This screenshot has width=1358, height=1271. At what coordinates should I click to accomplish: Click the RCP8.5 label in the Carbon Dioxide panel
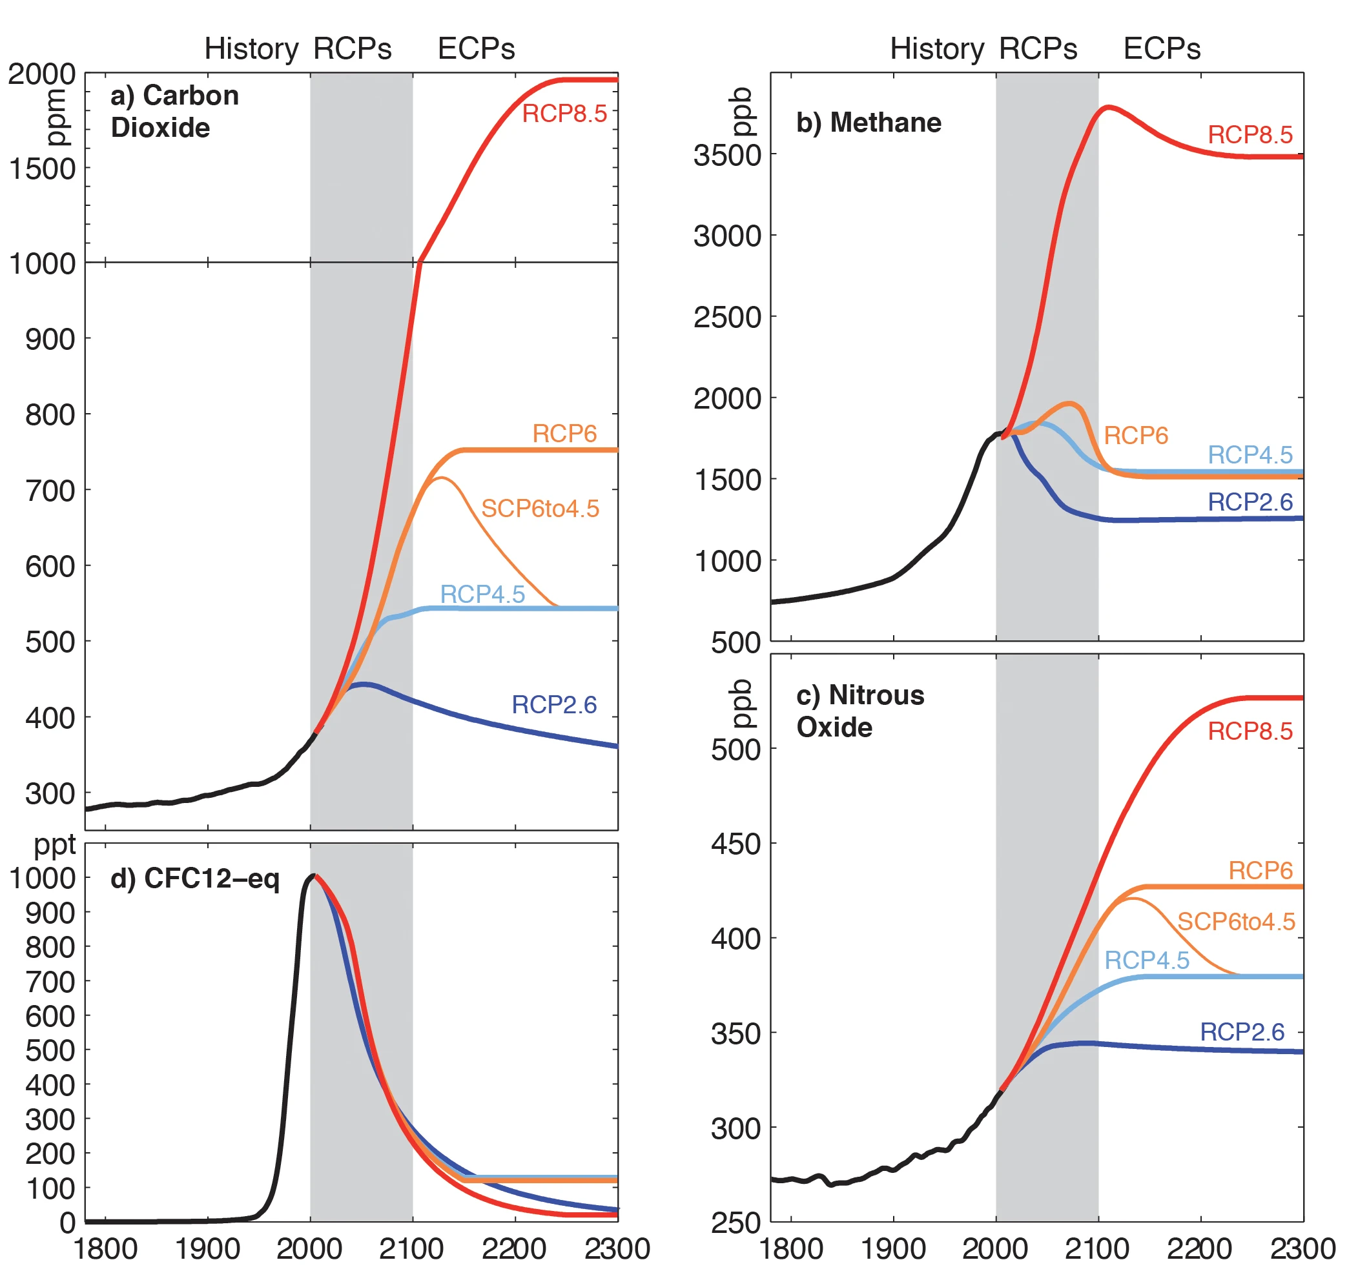(564, 114)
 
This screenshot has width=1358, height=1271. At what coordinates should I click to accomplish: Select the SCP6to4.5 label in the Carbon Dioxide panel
(540, 508)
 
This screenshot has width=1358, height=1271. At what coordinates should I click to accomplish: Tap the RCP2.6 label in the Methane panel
(1250, 502)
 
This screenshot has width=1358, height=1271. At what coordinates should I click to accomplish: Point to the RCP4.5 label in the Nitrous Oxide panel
(1146, 961)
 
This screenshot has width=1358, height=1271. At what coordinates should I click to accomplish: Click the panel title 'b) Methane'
(869, 123)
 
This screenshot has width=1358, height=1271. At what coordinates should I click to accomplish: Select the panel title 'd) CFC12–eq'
(194, 879)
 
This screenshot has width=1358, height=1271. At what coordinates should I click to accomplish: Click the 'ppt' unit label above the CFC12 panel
(55, 846)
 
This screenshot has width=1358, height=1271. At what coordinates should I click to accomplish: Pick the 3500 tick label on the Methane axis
(727, 156)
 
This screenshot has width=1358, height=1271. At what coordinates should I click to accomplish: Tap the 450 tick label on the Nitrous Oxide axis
(735, 845)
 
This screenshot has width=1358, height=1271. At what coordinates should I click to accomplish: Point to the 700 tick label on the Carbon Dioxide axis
(50, 491)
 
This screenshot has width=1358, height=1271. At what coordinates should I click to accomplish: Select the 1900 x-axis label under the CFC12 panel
(208, 1249)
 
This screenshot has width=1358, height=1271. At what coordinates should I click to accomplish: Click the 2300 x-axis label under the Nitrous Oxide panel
(1302, 1249)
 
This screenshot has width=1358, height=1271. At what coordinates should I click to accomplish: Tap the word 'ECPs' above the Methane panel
(1161, 49)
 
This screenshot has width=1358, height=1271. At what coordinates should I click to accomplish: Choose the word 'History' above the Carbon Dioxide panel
(251, 49)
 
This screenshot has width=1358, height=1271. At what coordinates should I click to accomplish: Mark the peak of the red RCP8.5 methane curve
(1107, 107)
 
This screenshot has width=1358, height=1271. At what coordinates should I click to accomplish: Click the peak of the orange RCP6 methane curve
(1070, 403)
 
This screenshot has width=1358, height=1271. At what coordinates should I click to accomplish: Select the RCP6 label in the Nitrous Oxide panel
(1260, 871)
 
